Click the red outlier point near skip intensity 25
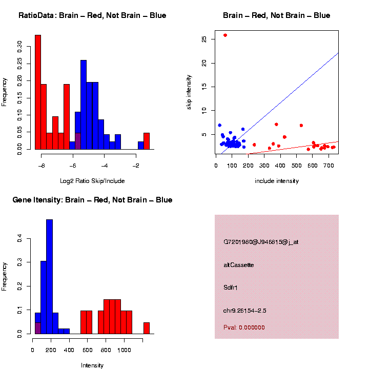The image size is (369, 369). tap(225, 35)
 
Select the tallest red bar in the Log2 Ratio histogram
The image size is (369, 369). tap(38, 92)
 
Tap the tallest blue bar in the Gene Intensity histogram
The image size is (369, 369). tap(50, 277)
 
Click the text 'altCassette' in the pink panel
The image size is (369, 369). tap(239, 265)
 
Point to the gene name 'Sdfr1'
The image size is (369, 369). tap(231, 288)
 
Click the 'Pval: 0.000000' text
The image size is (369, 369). tap(244, 327)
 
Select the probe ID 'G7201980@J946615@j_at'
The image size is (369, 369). tap(261, 242)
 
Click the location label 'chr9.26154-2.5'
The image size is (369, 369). tap(245, 311)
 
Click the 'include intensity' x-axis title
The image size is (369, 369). tap(276, 181)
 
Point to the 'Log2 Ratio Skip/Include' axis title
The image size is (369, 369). tap(92, 181)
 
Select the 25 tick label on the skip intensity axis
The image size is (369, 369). tap(204, 39)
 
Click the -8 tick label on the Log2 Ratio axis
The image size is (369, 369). tap(42, 166)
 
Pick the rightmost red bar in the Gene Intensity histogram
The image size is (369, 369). tap(147, 328)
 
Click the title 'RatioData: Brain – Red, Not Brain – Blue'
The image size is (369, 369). tap(92, 15)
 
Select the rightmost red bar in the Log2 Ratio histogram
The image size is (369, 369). tap(147, 141)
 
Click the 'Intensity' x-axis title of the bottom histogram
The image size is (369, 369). tap(92, 365)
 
